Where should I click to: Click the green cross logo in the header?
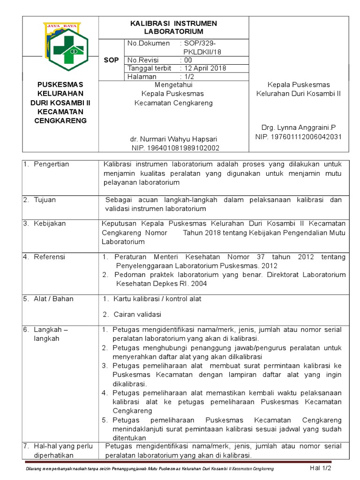[66, 44]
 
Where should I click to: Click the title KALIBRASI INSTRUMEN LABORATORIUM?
[173, 28]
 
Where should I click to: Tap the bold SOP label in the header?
[112, 60]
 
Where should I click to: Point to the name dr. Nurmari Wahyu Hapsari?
[173, 139]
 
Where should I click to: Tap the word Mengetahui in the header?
[173, 85]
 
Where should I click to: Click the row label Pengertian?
[51, 164]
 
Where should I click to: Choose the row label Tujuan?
[45, 200]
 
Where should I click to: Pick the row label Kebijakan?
[49, 224]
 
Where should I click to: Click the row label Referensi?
[49, 257]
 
